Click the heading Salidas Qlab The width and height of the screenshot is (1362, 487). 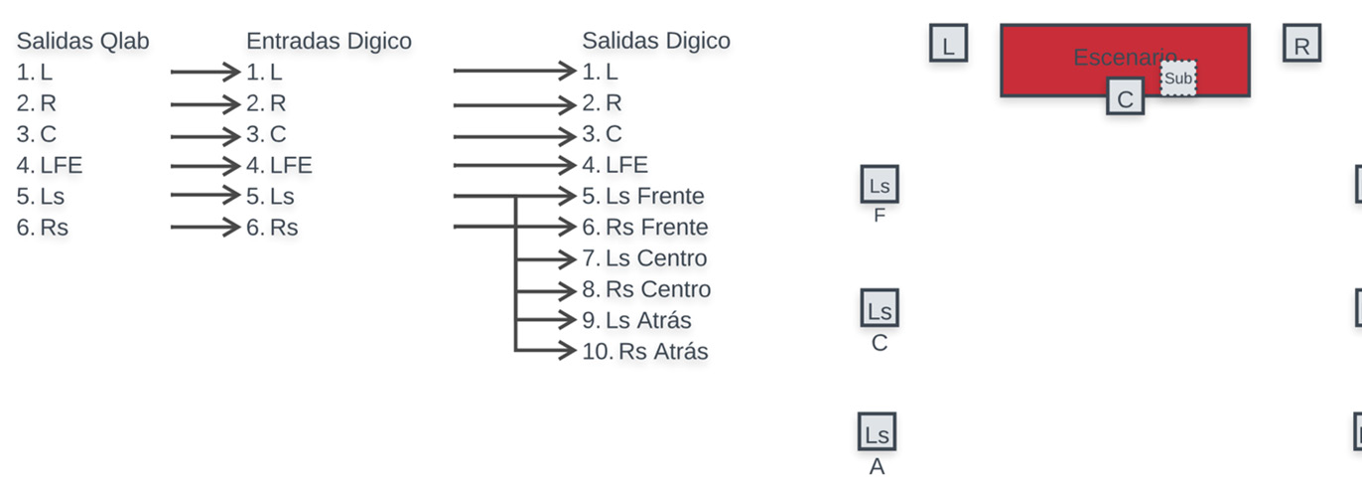pyautogui.click(x=82, y=41)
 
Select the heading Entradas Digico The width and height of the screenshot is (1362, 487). pyautogui.click(x=329, y=41)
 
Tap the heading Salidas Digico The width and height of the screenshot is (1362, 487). pyautogui.click(x=656, y=41)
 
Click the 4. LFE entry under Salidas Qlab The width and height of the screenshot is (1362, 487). pyautogui.click(x=50, y=165)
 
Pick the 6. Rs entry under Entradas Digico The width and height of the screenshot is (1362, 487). pyautogui.click(x=272, y=227)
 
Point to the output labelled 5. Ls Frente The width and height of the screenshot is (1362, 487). pyautogui.click(x=642, y=196)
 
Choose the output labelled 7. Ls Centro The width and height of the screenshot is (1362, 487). pyautogui.click(x=644, y=258)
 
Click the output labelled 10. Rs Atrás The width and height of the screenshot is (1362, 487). pyautogui.click(x=645, y=351)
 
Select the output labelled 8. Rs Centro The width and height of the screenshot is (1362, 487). pyautogui.click(x=645, y=289)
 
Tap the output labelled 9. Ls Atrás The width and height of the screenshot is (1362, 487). pyautogui.click(x=636, y=320)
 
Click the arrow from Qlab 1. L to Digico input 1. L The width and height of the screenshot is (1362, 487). pyautogui.click(x=205, y=72)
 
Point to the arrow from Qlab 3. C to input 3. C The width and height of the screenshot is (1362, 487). pyautogui.click(x=205, y=136)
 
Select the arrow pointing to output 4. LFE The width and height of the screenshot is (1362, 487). pyautogui.click(x=514, y=165)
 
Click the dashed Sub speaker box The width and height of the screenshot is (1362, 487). pyautogui.click(x=1177, y=78)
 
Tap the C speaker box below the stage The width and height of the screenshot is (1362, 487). pyautogui.click(x=1125, y=96)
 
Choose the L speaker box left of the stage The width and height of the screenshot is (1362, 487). pyautogui.click(x=948, y=43)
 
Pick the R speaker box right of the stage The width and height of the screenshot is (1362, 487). pyautogui.click(x=1301, y=43)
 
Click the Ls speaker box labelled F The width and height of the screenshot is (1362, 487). pyautogui.click(x=880, y=184)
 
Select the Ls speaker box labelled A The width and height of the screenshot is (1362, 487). pyautogui.click(x=877, y=431)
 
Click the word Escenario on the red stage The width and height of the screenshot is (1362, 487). pyautogui.click(x=1125, y=58)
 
